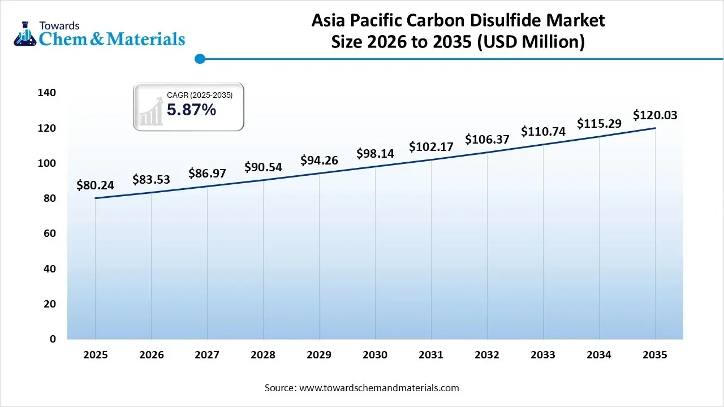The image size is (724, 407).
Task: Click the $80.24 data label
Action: pyautogui.click(x=95, y=185)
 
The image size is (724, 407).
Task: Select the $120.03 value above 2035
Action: pyautogui.click(x=655, y=115)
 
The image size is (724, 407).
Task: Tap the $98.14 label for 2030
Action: pyautogui.click(x=375, y=153)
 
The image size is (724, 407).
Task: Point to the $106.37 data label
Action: pyautogui.click(x=487, y=139)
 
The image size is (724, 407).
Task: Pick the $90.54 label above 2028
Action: pyautogui.click(x=263, y=167)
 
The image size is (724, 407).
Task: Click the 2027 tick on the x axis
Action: pyautogui.click(x=207, y=355)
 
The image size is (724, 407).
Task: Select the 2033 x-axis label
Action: pyautogui.click(x=543, y=355)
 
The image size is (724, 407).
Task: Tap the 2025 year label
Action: pyautogui.click(x=95, y=355)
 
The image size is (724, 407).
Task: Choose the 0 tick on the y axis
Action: pyautogui.click(x=53, y=339)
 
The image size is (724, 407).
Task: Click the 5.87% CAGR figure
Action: pyautogui.click(x=191, y=110)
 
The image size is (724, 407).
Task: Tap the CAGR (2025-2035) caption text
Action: pyautogui.click(x=200, y=95)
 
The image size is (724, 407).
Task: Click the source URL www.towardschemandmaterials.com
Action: pyautogui.click(x=378, y=388)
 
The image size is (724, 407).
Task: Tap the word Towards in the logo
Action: pyautogui.click(x=59, y=25)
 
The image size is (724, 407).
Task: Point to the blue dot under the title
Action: pyautogui.click(x=199, y=58)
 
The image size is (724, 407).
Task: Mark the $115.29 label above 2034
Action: pyautogui.click(x=599, y=123)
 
